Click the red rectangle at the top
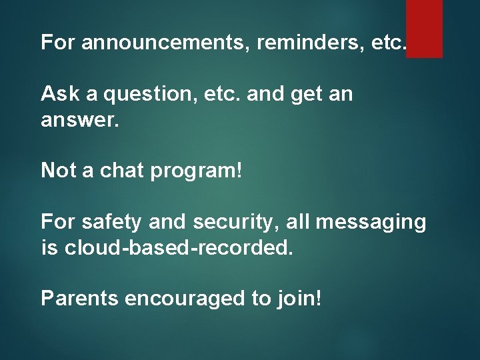[424, 28]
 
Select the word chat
[122, 171]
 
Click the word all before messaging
[299, 222]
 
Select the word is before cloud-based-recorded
[49, 247]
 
